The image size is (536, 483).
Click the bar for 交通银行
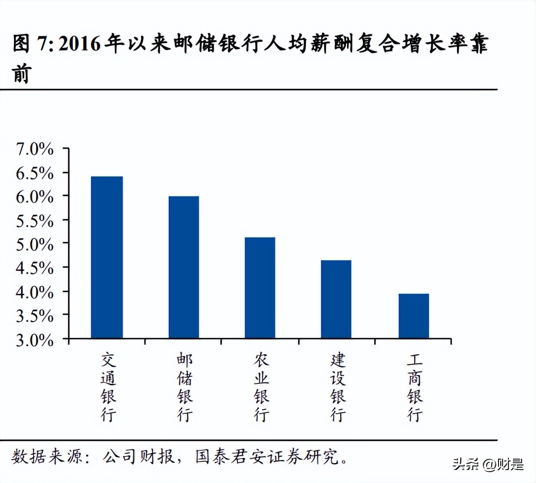pos(107,257)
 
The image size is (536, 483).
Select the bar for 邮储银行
pos(184,267)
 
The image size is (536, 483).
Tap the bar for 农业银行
pos(260,288)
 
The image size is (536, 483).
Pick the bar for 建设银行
pos(336,299)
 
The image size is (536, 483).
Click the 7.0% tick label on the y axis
pos(35,149)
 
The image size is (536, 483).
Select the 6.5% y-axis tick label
pos(35,173)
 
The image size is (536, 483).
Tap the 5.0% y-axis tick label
pos(35,245)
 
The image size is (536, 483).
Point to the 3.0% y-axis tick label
pos(35,340)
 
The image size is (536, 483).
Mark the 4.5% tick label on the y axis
pos(35,268)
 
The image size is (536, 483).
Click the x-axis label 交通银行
pos(108,387)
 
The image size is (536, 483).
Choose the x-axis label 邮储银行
pos(184,387)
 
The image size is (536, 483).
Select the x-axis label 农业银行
pos(261,387)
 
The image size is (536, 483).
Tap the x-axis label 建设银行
pos(338,387)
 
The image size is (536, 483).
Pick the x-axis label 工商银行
pos(415,387)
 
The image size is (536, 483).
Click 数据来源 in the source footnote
pos(47,456)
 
